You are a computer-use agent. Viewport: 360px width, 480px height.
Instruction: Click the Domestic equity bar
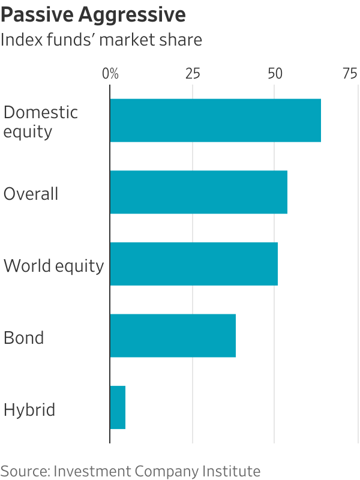215,121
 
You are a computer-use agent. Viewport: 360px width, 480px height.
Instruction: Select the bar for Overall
199,192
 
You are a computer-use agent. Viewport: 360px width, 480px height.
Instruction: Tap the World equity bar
194,264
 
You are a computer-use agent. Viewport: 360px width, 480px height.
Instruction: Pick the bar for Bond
173,335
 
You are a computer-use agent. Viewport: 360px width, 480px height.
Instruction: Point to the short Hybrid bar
118,407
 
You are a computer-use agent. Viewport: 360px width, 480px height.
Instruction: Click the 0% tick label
110,74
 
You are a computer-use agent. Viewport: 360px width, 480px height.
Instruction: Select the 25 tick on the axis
193,74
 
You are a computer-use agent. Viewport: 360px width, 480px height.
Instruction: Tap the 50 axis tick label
275,74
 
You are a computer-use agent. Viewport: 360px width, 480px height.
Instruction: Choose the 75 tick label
350,74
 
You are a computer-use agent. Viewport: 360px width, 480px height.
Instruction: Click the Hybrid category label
29,410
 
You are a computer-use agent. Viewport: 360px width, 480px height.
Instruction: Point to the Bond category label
23,338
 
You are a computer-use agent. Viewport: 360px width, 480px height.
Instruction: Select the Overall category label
31,194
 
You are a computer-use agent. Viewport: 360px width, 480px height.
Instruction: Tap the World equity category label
53,266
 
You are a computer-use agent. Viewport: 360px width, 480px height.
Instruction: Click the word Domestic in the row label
40,112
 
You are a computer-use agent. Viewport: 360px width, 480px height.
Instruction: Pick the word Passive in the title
37,14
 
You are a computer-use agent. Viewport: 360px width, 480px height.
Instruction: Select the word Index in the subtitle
22,40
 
